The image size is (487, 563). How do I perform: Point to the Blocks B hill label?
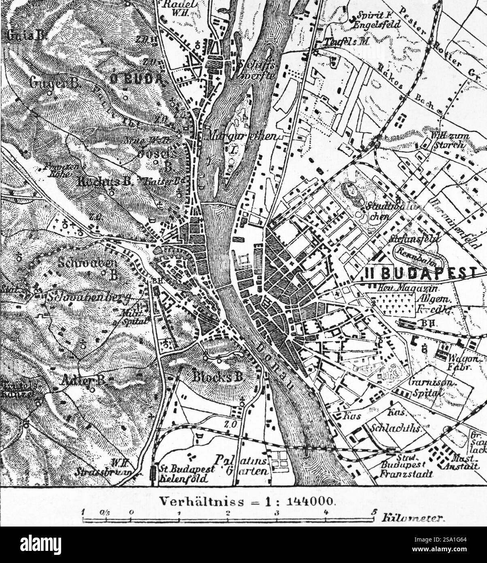(x=217, y=377)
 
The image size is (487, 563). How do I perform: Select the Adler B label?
(x=84, y=381)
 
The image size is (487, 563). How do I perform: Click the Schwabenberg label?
(x=87, y=298)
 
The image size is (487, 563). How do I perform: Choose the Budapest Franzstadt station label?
(x=406, y=470)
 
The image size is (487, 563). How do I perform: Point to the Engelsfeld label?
(x=376, y=25)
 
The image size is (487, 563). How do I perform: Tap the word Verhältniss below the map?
(x=201, y=501)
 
